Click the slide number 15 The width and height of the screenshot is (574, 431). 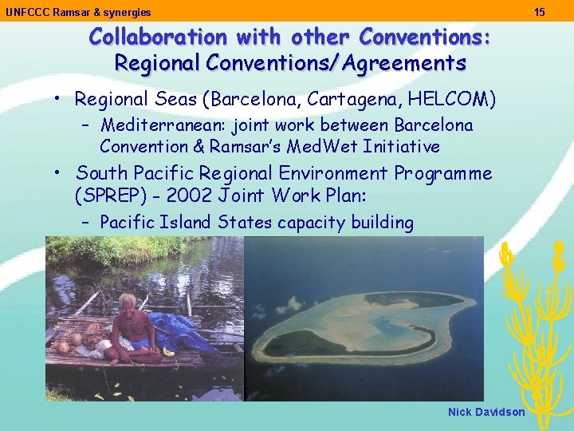point(540,12)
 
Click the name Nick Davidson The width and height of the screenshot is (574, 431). point(486,412)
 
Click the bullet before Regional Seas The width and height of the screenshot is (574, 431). point(59,99)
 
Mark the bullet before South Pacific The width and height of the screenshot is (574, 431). point(59,173)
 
